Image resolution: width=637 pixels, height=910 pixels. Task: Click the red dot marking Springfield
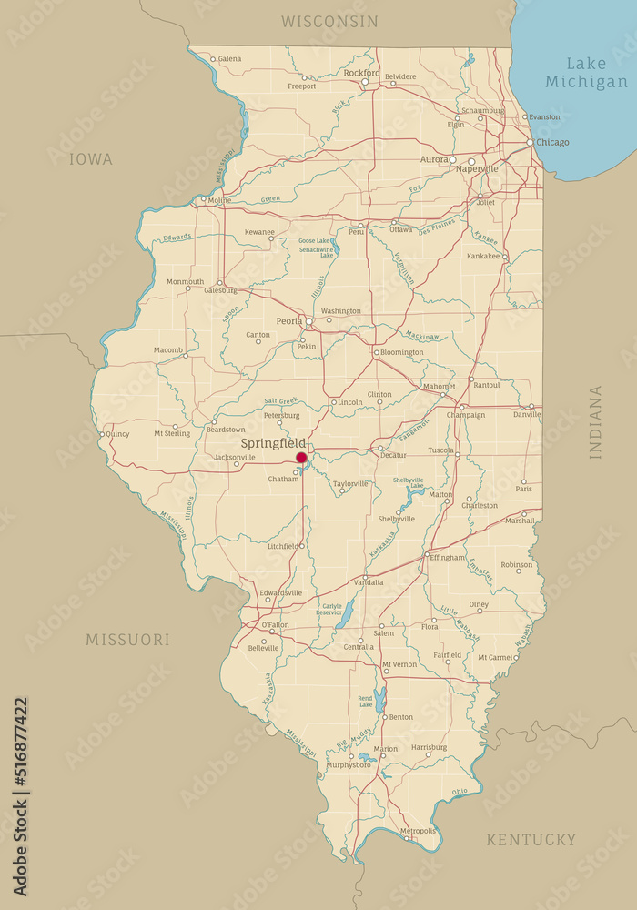(301, 458)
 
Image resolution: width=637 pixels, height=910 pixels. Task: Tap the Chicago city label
(552, 142)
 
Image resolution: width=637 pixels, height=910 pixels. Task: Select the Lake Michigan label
(586, 73)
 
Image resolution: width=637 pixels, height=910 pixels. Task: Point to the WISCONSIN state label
(329, 21)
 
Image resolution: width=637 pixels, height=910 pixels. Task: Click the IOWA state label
(91, 159)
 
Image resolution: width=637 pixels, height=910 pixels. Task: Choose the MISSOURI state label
(127, 640)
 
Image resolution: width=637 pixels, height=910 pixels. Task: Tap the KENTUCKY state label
(531, 839)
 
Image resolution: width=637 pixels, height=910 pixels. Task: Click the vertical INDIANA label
(595, 421)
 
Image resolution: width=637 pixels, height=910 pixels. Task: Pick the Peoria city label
(289, 321)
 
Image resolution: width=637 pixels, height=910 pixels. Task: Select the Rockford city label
(361, 72)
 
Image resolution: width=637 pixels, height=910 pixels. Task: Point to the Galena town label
(229, 58)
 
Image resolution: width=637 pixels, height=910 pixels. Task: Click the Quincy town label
(117, 434)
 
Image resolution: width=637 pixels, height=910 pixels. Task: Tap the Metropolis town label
(418, 830)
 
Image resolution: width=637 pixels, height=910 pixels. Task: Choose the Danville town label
(527, 414)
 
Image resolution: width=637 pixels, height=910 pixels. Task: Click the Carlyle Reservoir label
(329, 609)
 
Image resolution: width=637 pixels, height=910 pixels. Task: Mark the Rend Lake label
(366, 701)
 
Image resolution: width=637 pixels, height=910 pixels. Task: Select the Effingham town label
(447, 557)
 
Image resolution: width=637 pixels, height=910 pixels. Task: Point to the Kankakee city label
(483, 256)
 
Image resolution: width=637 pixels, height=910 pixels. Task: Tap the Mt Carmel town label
(496, 656)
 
